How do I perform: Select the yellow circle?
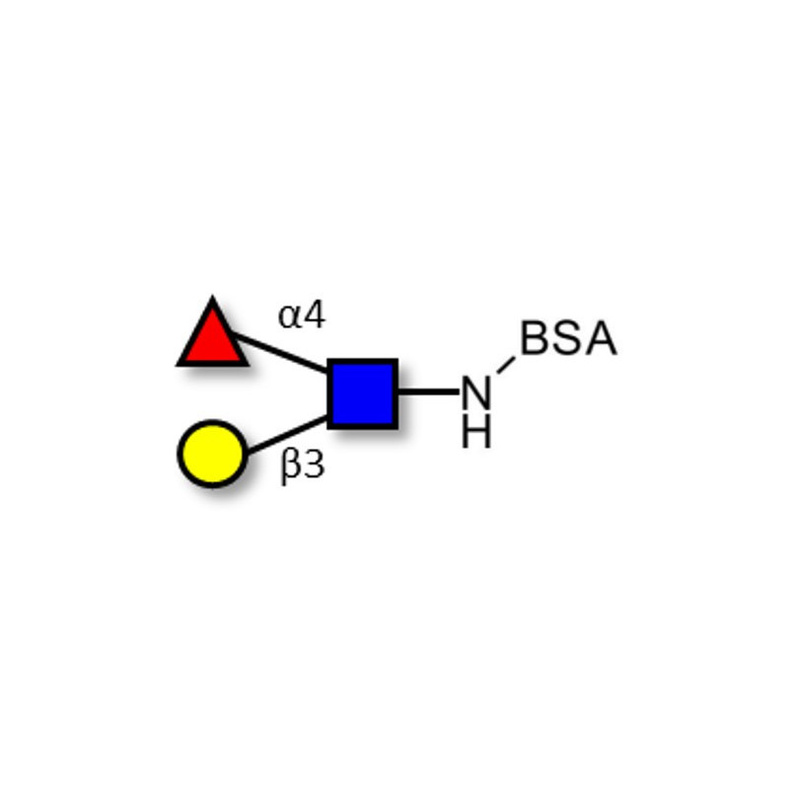coord(212,454)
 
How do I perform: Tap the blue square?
coord(363,394)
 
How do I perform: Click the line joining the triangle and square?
coord(279,352)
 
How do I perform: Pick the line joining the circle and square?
coord(287,435)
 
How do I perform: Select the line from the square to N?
coord(429,391)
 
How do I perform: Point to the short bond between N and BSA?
coord(506,365)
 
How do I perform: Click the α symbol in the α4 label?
coord(289,317)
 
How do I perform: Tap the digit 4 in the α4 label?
coord(315,315)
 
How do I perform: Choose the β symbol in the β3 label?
coord(290,466)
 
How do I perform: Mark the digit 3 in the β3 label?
coord(314,464)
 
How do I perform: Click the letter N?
coord(475,393)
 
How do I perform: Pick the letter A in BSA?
coord(601,337)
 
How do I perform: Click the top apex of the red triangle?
coord(212,297)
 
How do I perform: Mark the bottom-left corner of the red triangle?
coord(178,365)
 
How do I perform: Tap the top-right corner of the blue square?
coord(397,360)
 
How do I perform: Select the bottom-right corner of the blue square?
coord(397,428)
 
